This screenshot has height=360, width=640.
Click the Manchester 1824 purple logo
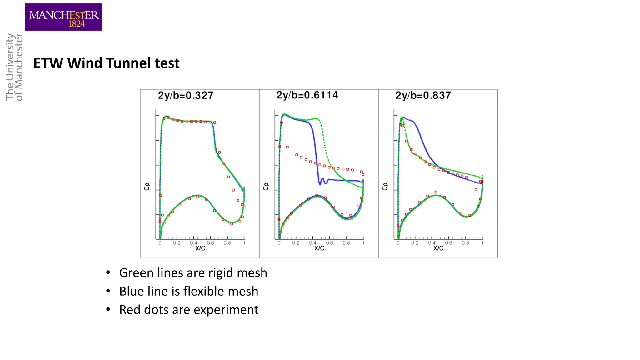tap(63, 17)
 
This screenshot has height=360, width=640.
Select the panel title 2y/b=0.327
tap(186, 95)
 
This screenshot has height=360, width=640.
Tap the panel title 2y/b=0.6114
tap(307, 95)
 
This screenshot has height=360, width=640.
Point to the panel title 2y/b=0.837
tap(423, 95)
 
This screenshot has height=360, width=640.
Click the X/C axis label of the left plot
tap(200, 248)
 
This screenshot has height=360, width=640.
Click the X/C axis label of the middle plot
tap(319, 248)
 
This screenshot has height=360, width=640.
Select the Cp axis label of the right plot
tap(385, 187)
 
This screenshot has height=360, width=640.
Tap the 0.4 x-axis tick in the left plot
tap(193, 243)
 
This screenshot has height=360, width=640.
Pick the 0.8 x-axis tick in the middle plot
tap(346, 243)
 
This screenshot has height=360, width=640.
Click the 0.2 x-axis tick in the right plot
tap(415, 243)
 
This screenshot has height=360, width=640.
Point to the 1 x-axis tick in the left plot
tap(244, 243)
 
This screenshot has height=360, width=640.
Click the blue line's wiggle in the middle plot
tap(322, 181)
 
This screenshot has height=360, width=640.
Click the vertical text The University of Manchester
tap(14, 67)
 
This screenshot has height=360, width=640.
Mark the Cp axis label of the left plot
tap(147, 187)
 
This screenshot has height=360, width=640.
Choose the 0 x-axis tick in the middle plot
tap(279, 243)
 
